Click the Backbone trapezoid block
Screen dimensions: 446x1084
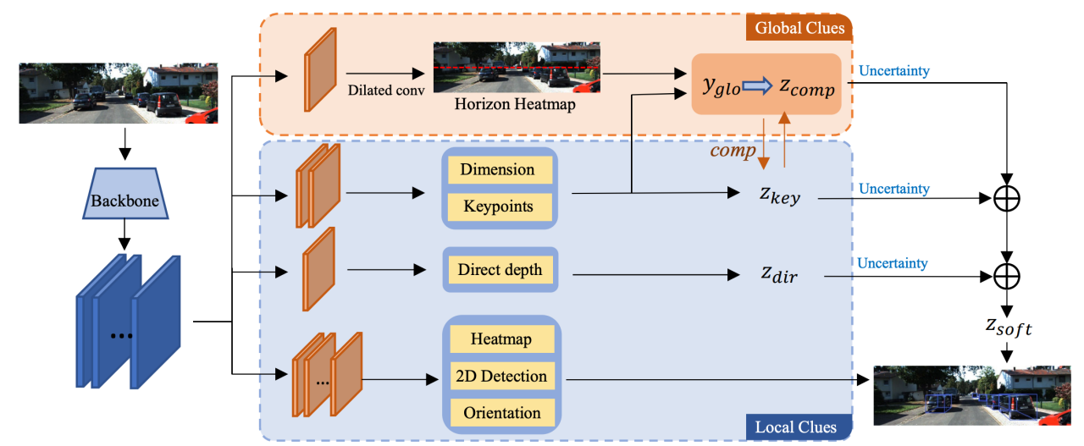125,201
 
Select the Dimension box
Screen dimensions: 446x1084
497,169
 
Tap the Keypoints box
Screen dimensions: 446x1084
497,206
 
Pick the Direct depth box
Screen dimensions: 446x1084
500,271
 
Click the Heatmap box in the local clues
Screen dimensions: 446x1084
501,339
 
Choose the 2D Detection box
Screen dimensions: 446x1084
501,376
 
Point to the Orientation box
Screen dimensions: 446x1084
501,413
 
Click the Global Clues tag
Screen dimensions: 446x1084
800,28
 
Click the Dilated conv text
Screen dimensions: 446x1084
385,91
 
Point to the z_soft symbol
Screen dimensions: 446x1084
1007,328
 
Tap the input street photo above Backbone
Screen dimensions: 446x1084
118,93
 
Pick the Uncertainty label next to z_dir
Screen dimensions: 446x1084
893,263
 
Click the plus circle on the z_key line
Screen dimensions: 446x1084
1007,199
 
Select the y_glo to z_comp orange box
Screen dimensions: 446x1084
766,85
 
